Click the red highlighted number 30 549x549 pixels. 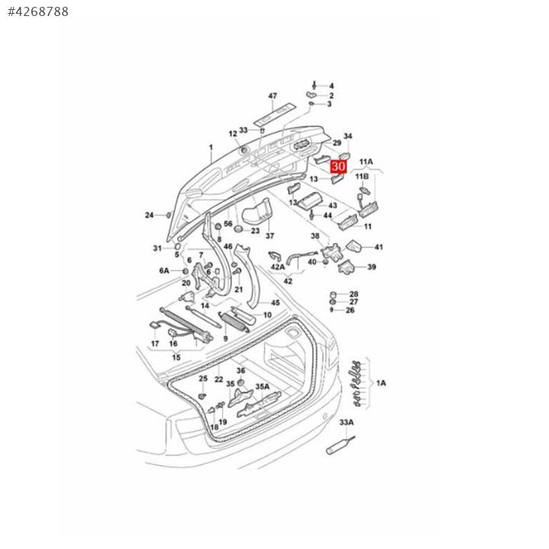point(339,165)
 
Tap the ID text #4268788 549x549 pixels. point(38,12)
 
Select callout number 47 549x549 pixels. point(272,96)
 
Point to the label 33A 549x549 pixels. point(347,422)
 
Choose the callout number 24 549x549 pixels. point(149,215)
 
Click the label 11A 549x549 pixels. point(366,162)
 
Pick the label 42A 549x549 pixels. point(278,267)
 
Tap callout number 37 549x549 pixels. point(269,236)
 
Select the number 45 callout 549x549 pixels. point(275,303)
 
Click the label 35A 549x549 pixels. point(262,387)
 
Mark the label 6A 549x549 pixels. point(164,271)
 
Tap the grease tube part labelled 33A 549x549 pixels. point(338,447)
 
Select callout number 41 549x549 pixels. point(379,247)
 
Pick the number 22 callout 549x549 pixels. point(219,380)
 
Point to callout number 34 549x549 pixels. point(348,136)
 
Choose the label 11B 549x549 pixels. point(361,176)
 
